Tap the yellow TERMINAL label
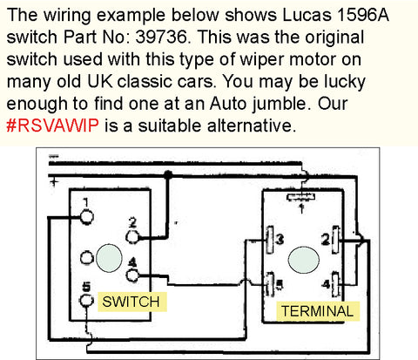pyautogui.click(x=316, y=310)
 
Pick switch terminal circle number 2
pyautogui.click(x=133, y=235)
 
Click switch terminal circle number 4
pyautogui.click(x=133, y=276)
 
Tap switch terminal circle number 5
pyautogui.click(x=84, y=301)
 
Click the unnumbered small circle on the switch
pyautogui.click(x=84, y=259)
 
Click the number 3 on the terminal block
pyautogui.click(x=279, y=239)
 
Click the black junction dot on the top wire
pyautogui.click(x=167, y=174)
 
